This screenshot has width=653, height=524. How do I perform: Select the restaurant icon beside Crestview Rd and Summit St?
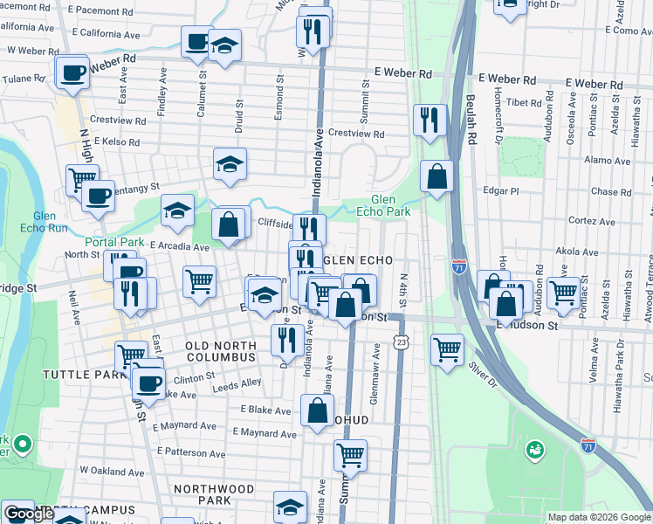tap(429, 119)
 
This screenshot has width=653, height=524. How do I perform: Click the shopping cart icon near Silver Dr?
tap(448, 348)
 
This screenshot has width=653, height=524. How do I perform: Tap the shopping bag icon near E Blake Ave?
tap(318, 410)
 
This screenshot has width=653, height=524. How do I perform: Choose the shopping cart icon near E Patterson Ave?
tap(350, 453)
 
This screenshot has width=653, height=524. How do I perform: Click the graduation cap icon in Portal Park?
tap(177, 210)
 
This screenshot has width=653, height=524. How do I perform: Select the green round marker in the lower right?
tap(533, 451)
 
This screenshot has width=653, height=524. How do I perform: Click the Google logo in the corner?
tap(28, 514)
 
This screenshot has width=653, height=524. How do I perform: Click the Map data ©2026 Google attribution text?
tap(599, 517)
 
